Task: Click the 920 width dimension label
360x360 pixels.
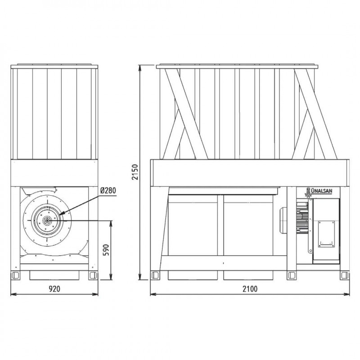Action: [54, 288]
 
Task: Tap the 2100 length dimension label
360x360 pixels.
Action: [250, 288]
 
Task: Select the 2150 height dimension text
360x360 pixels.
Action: [135, 172]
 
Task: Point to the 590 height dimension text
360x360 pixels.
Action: [106, 250]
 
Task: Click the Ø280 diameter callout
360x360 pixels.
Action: [108, 190]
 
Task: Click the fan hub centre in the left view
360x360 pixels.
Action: [47, 220]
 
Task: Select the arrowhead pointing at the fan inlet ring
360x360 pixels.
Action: [61, 213]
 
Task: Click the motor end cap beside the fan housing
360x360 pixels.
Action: [283, 220]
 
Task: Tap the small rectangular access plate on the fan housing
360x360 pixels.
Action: [326, 234]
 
